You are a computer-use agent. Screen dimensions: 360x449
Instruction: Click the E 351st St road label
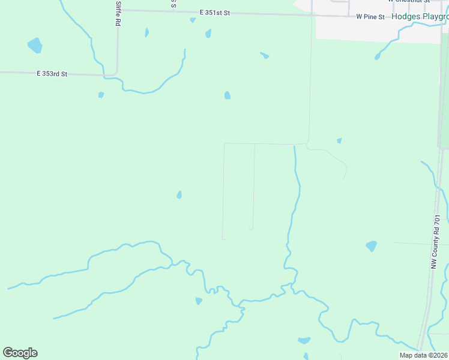click(x=215, y=12)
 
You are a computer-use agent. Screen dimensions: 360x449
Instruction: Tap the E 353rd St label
click(x=52, y=74)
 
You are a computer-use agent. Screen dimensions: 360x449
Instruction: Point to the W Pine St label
click(x=370, y=17)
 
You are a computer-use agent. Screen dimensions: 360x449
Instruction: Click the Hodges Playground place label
click(x=420, y=17)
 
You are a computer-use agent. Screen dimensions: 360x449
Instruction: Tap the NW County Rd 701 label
click(x=436, y=242)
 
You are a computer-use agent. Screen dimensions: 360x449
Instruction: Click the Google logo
click(x=20, y=353)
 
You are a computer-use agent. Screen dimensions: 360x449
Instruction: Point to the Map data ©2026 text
click(x=423, y=355)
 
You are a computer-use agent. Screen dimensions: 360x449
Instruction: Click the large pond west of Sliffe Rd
click(x=35, y=45)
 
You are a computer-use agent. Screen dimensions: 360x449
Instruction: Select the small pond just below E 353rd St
click(x=101, y=95)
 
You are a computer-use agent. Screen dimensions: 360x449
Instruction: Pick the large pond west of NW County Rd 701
click(x=372, y=246)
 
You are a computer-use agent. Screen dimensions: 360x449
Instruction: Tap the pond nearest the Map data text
click(x=304, y=341)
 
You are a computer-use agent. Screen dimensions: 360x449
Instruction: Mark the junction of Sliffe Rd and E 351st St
click(x=118, y=10)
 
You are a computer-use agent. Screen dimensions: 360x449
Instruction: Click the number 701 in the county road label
click(x=436, y=221)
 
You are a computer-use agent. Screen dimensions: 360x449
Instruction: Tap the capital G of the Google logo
click(x=8, y=352)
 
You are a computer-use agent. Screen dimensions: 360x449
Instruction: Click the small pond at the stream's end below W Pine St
click(x=378, y=57)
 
